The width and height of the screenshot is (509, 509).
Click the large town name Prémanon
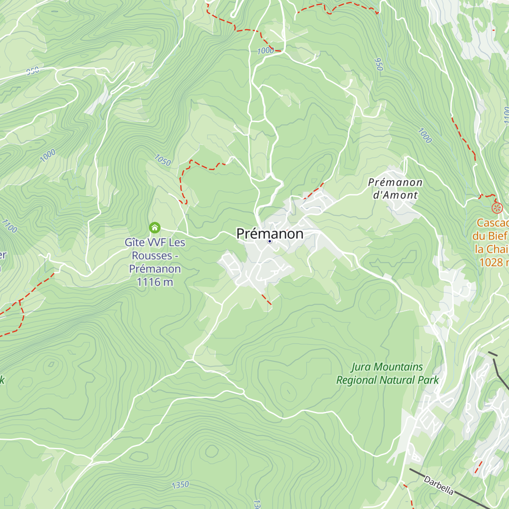coord(270,233)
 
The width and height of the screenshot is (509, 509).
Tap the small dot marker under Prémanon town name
coord(269,241)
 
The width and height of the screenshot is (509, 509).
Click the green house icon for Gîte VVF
coord(155,228)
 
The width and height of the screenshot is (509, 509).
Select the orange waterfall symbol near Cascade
coord(497,208)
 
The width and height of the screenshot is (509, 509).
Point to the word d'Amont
coord(395,195)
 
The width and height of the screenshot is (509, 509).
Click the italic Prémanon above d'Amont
coord(395,182)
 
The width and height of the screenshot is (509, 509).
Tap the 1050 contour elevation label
coord(162,160)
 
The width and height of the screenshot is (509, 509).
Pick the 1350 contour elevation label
coord(180,485)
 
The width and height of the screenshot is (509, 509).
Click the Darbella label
coord(439,486)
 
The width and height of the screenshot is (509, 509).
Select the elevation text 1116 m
coord(155,282)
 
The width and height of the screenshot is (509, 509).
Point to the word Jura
coord(361,367)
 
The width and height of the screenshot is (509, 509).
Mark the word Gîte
coord(134,243)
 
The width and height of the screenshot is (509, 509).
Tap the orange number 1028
coord(491,262)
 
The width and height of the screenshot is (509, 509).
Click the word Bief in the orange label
coord(498,236)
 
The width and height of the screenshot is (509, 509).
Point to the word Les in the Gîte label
coord(177,243)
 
